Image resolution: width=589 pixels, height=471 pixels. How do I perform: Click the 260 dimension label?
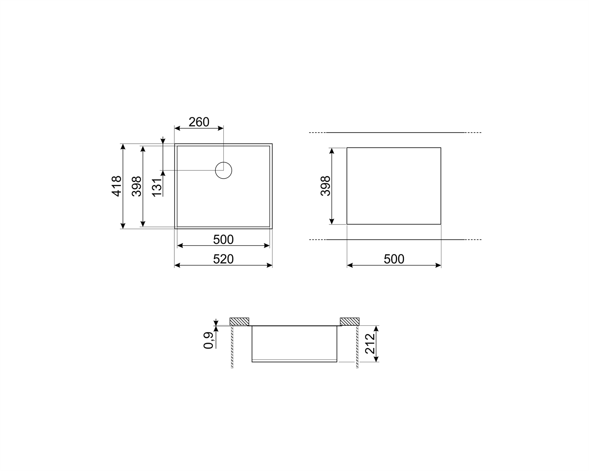click(x=199, y=122)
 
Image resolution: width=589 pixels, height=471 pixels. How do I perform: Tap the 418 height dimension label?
click(x=117, y=186)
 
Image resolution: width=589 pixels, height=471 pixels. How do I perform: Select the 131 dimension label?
click(x=157, y=188)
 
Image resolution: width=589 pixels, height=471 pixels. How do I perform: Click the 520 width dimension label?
click(x=223, y=259)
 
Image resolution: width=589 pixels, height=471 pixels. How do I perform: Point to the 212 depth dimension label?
click(x=370, y=344)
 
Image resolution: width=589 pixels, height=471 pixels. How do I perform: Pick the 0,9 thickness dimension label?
click(x=208, y=340)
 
